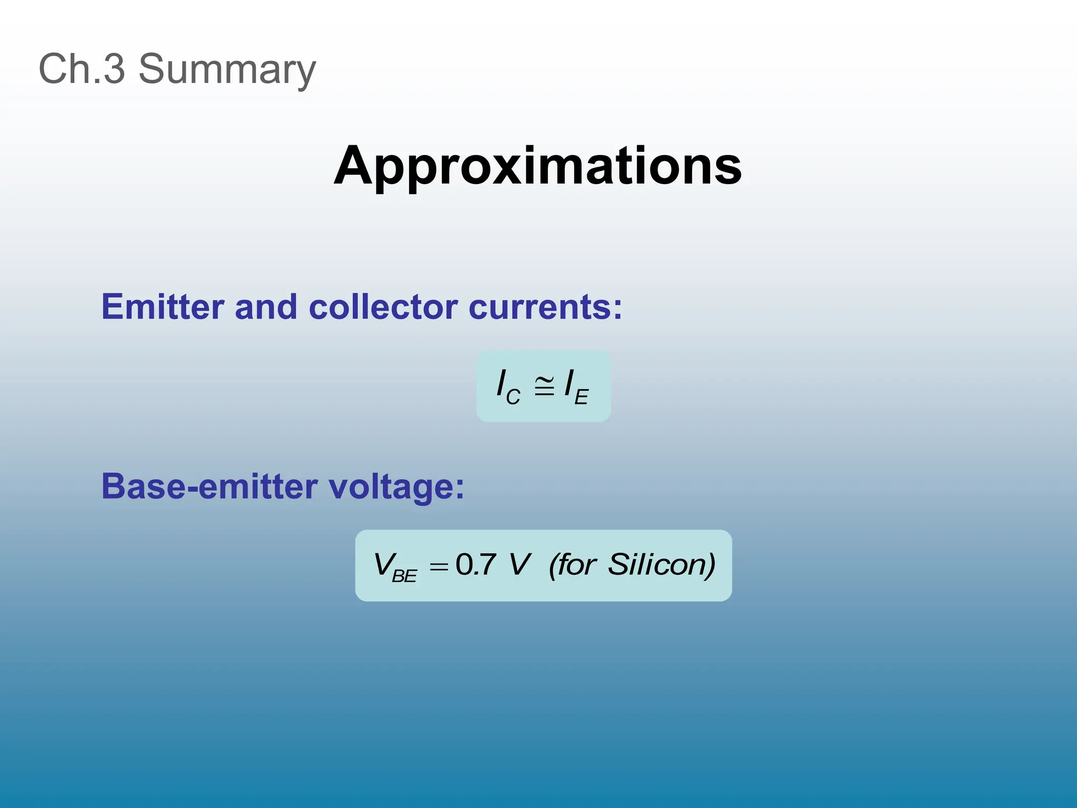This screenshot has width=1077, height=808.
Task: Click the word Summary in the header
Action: point(227,69)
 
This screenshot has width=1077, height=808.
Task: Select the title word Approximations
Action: point(537,166)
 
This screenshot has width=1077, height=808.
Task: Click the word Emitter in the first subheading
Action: point(162,307)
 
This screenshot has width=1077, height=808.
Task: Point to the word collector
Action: point(383,307)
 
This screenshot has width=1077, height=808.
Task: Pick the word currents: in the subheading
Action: point(545,307)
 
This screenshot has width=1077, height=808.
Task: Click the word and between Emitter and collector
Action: point(266,307)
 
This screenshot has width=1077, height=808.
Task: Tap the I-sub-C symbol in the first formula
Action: point(508,387)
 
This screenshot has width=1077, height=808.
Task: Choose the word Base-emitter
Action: point(209,486)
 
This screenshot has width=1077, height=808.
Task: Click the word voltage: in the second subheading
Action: point(397,486)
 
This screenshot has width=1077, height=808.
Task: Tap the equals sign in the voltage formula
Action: point(439,567)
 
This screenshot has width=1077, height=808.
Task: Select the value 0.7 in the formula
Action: point(476,564)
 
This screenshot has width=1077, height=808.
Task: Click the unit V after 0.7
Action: point(520,564)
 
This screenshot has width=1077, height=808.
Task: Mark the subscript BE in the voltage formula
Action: point(404,576)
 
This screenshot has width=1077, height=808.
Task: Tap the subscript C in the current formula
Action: point(513,396)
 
